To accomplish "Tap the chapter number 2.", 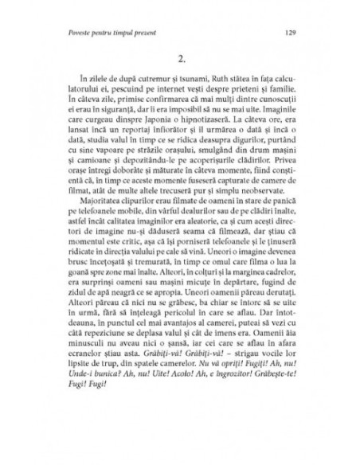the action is pyautogui.click(x=181, y=61).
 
